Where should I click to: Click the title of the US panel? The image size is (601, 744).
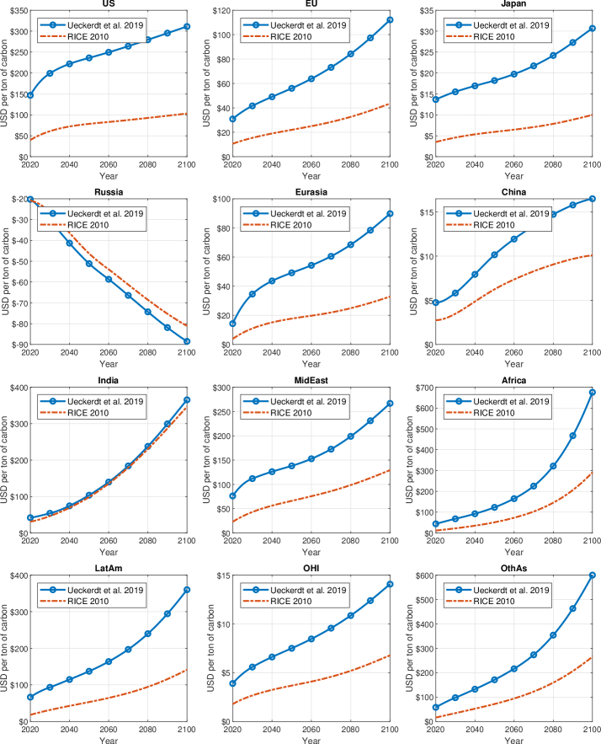pos(108,5)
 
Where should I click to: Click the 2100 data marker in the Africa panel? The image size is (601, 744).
pos(592,392)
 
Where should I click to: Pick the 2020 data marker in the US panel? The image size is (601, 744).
pos(30,95)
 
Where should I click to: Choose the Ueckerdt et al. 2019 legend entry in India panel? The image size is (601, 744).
pos(105,400)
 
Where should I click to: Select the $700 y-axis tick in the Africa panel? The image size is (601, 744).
pos(418,388)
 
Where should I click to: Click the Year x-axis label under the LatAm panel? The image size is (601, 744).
pos(108,740)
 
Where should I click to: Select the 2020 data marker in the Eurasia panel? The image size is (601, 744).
pos(232,324)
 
